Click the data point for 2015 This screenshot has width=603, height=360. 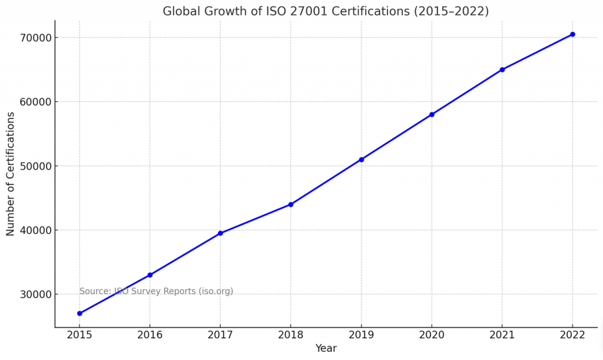coord(79,313)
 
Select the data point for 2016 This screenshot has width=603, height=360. coord(150,275)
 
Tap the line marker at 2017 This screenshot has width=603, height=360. coord(220,233)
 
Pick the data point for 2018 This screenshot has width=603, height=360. coord(291,204)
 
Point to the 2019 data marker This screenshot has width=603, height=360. coord(361,160)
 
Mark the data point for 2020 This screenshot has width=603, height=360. coord(432,114)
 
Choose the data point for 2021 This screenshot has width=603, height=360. coord(502,70)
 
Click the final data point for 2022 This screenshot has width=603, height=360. coord(572,34)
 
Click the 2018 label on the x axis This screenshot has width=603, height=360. coord(291,335)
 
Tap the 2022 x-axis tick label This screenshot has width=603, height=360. coord(572,335)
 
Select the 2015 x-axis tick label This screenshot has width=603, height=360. coord(79,335)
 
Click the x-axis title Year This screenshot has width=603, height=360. coord(326,348)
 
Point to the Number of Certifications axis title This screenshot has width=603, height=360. coord(11,174)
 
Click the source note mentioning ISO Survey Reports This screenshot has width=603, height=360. coord(156,291)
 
